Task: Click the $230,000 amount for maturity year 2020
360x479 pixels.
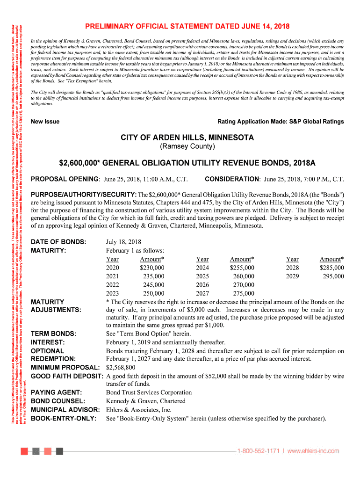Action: click(152, 268)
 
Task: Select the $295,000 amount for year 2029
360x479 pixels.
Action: click(333, 276)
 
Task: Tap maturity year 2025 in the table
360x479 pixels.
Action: click(202, 276)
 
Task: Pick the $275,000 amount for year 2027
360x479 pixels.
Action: click(244, 294)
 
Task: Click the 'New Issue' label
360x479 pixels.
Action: click(45, 122)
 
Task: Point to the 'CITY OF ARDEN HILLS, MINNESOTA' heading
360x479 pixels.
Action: click(187, 138)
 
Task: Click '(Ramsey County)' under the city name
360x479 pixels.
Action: click(187, 147)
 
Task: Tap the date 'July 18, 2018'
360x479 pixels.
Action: click(123, 242)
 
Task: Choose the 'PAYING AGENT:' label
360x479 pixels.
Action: click(57, 392)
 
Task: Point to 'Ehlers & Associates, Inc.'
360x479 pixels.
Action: click(139, 410)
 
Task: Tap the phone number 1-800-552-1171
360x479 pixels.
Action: click(258, 451)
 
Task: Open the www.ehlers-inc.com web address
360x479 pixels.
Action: click(313, 451)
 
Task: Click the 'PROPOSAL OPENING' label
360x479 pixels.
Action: click(65, 179)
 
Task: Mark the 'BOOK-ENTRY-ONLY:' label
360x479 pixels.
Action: click(64, 418)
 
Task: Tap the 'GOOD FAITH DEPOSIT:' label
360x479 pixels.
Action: click(67, 376)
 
